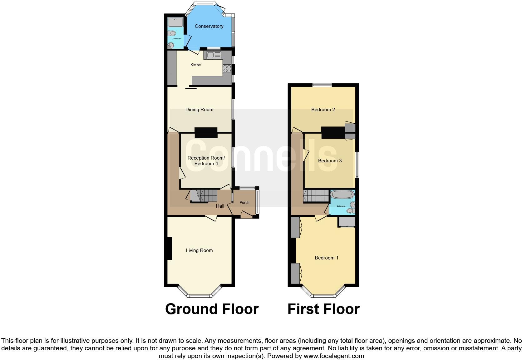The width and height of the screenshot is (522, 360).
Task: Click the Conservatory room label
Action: pos(209,26)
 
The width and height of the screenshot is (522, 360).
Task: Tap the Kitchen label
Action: pos(196,65)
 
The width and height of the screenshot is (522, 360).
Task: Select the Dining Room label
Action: pos(199,110)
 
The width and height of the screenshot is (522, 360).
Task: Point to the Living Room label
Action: pos(199,250)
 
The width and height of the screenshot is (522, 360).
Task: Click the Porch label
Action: pos(244,203)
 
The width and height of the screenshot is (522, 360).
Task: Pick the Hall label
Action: pos(220,206)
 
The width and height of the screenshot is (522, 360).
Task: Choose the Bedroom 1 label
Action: pos(326,258)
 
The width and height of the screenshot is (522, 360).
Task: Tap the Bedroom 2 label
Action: pos(323,110)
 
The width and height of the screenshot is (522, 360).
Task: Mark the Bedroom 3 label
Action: pos(330,161)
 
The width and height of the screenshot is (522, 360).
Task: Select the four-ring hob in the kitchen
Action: pos(227,68)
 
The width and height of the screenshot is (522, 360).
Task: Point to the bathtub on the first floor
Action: pos(342,195)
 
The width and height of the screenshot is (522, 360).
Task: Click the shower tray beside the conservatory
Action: pos(175,22)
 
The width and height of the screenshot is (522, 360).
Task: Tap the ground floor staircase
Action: pos(204,196)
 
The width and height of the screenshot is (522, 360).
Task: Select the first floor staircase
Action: pos(316,196)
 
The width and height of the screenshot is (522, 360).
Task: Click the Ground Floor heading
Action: pos(212,309)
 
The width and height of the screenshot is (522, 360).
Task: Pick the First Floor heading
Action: pos(323,309)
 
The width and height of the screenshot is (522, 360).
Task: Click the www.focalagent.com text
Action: pos(333,356)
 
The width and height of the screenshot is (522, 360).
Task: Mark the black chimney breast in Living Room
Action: pos(169,249)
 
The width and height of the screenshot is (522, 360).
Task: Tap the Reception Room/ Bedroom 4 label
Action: pos(206,161)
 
